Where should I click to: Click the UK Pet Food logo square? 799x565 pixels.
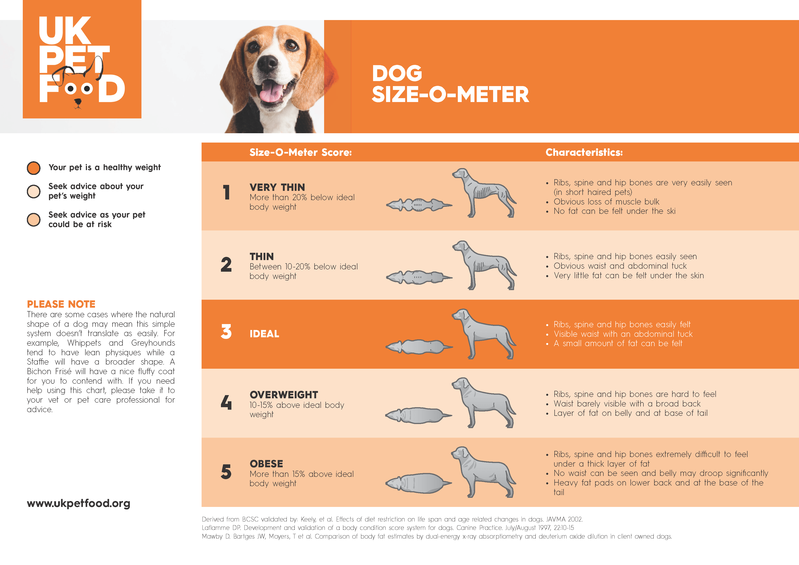[82, 59]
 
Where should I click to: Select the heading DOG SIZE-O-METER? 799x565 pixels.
[450, 84]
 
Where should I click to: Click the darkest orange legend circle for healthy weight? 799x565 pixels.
[34, 168]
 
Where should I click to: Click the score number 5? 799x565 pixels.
[226, 472]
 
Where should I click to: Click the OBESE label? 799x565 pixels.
[266, 464]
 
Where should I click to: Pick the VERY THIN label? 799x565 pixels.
[277, 187]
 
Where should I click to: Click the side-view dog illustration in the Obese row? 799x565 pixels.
[484, 472]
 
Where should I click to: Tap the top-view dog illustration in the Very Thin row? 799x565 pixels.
[419, 205]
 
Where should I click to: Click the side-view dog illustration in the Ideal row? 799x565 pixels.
[484, 334]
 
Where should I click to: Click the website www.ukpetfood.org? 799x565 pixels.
[79, 504]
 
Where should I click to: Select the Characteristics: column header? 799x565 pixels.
[584, 152]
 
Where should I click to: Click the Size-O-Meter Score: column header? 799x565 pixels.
[301, 152]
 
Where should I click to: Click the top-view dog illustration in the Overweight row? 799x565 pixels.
[419, 415]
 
